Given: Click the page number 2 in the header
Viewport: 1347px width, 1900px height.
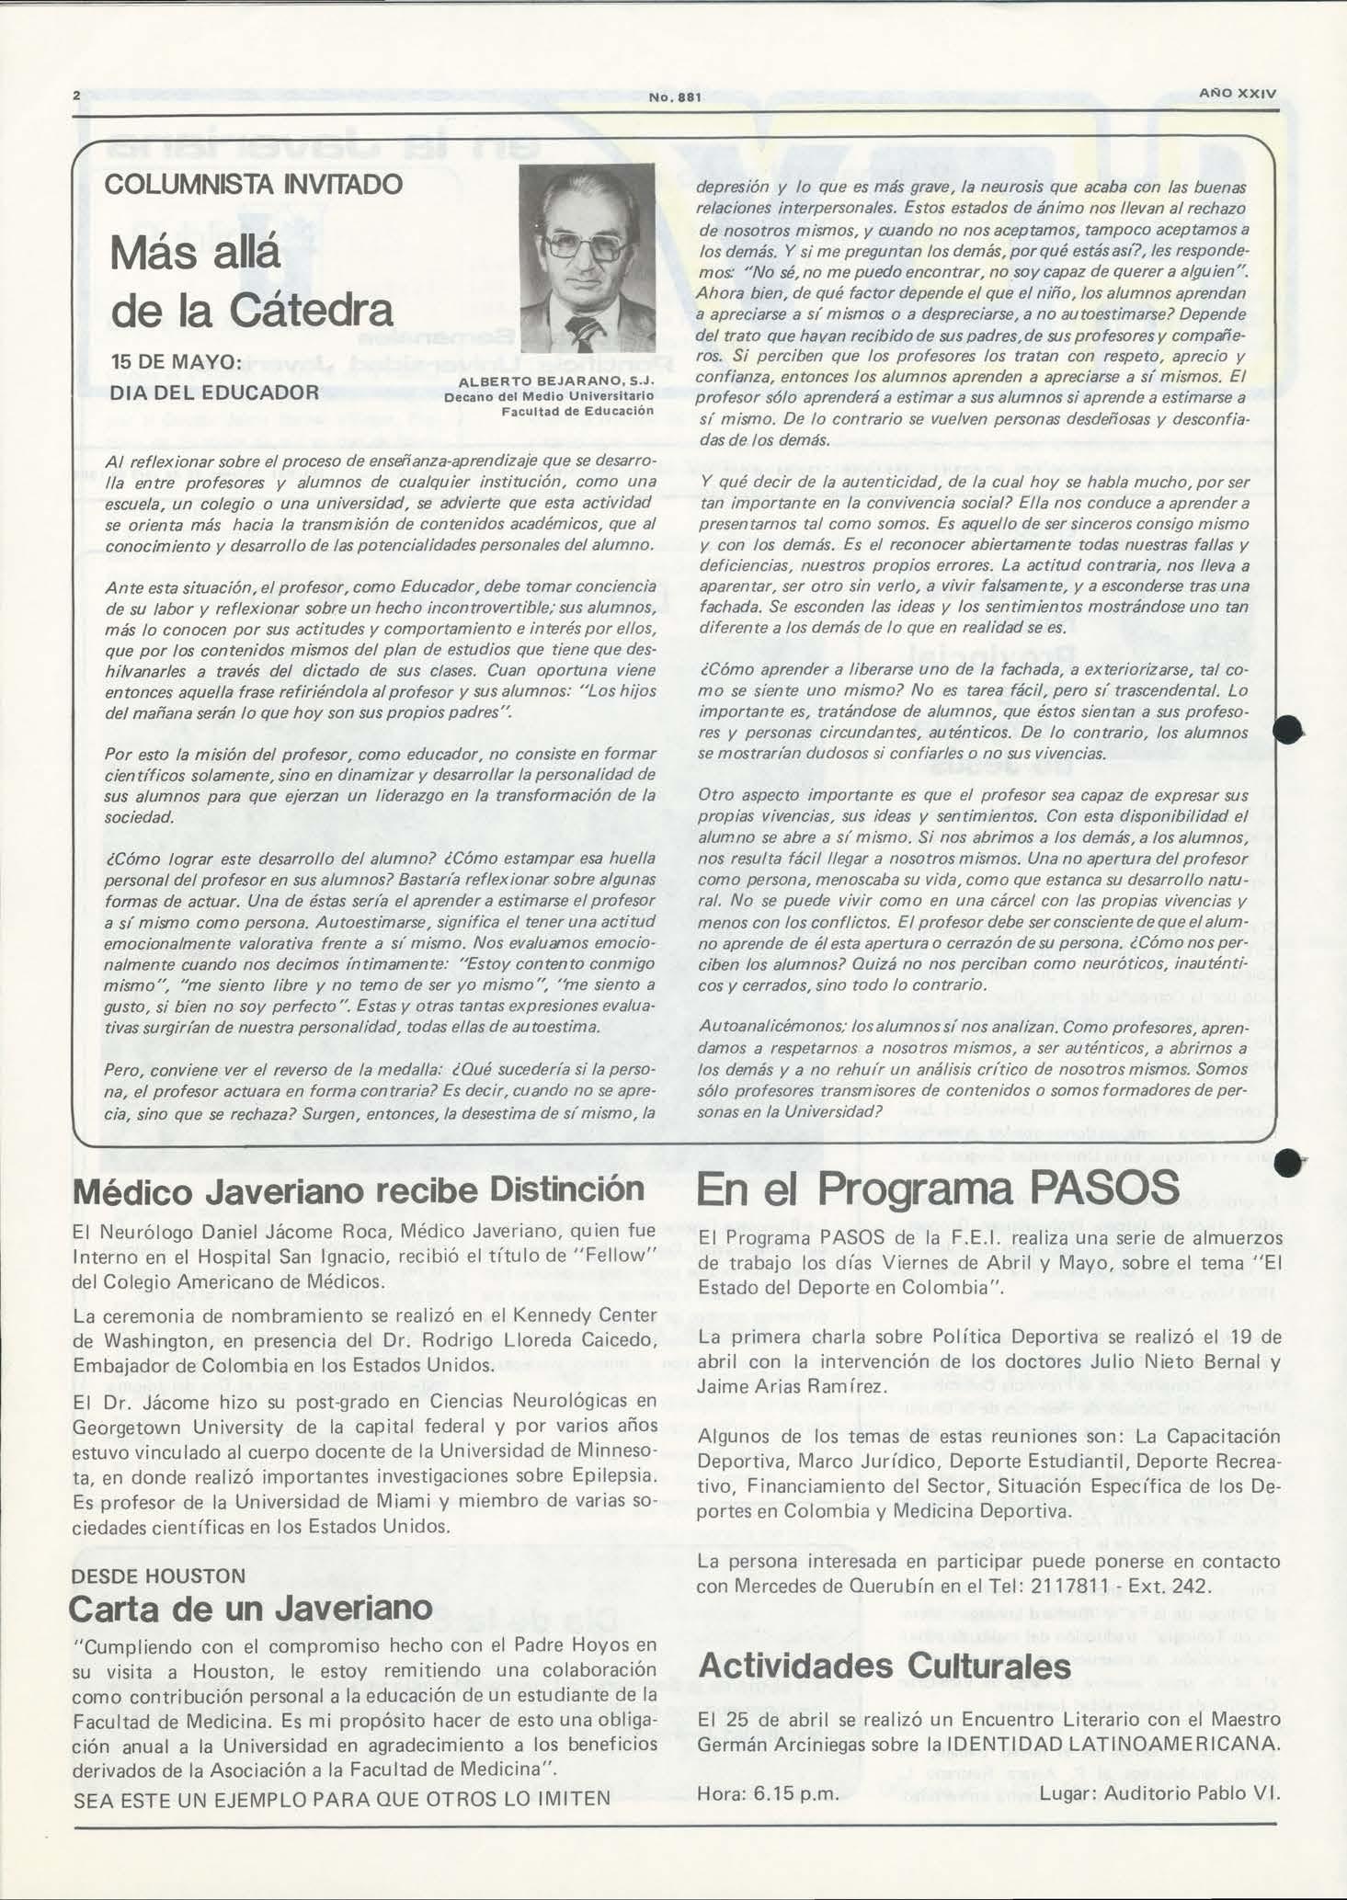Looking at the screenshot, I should point(77,96).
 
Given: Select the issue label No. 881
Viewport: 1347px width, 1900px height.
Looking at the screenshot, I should point(675,98).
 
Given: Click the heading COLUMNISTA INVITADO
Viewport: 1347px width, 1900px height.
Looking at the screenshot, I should point(253,184).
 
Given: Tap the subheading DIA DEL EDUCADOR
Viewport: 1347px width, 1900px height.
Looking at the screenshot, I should point(214,393).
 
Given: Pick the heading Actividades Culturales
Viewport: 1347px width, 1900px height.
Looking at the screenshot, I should point(885,1665).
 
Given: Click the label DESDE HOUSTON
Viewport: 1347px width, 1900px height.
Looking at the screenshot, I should point(158,1575).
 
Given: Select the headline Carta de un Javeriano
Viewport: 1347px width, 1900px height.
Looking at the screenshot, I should point(250,1608).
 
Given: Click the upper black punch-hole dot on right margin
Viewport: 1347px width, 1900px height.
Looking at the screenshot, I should point(1288,730).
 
